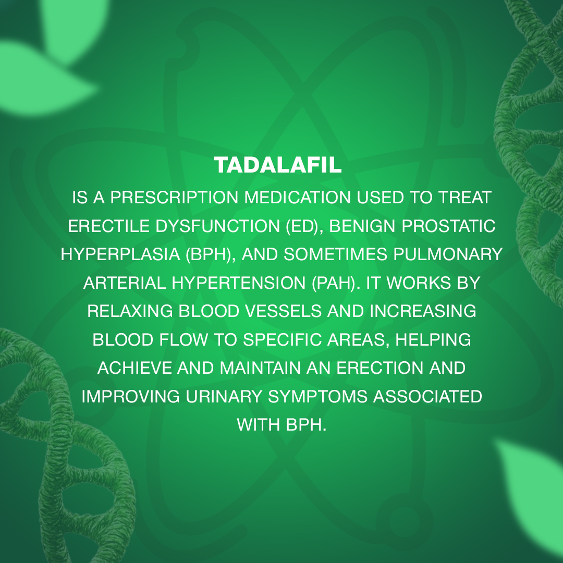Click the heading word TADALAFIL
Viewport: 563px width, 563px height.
click(277, 165)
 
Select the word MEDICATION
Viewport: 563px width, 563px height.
click(297, 198)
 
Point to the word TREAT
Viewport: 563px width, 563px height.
click(464, 198)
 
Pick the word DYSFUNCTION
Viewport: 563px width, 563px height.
click(217, 226)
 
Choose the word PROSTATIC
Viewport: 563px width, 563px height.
click(448, 226)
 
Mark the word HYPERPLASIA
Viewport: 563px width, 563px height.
click(120, 254)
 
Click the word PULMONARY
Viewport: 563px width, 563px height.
click(448, 254)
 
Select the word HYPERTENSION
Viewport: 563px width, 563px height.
click(238, 283)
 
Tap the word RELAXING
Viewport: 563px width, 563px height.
click(130, 311)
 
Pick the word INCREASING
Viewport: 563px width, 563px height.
click(423, 311)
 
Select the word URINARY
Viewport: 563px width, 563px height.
click(224, 396)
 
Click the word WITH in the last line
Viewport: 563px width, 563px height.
click(259, 425)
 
